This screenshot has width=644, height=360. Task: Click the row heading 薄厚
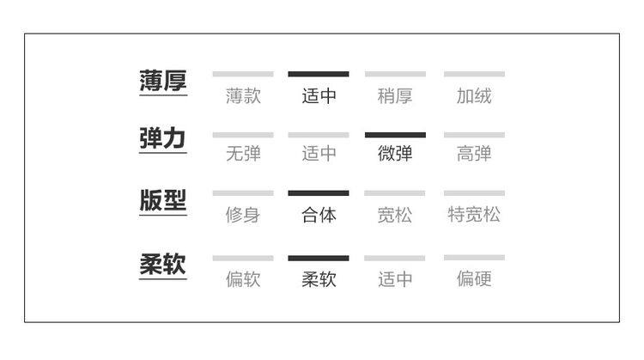point(162,81)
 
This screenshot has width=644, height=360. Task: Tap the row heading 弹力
point(162,139)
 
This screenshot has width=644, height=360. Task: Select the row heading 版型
point(162,200)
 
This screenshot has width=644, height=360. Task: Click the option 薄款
point(243,96)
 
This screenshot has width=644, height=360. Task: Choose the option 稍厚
point(395,96)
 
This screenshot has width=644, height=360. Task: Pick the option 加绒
point(474,96)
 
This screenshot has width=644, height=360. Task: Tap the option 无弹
point(243,155)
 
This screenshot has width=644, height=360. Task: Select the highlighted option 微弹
point(395,155)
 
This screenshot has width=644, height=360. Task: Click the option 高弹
point(474,155)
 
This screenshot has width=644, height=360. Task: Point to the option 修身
point(243,215)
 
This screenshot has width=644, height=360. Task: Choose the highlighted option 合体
point(319,215)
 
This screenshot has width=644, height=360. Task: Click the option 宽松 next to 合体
point(395,215)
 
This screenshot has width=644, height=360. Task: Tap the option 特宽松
point(474,215)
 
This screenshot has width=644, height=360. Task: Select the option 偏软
point(243,279)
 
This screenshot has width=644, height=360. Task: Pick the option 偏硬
point(474,279)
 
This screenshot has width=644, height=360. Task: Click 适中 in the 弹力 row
point(319,155)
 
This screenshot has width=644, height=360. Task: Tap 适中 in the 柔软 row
point(395,279)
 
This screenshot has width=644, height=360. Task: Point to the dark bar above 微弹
point(395,135)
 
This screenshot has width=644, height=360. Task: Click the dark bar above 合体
point(319,193)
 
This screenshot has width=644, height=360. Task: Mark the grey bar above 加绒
point(474,75)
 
